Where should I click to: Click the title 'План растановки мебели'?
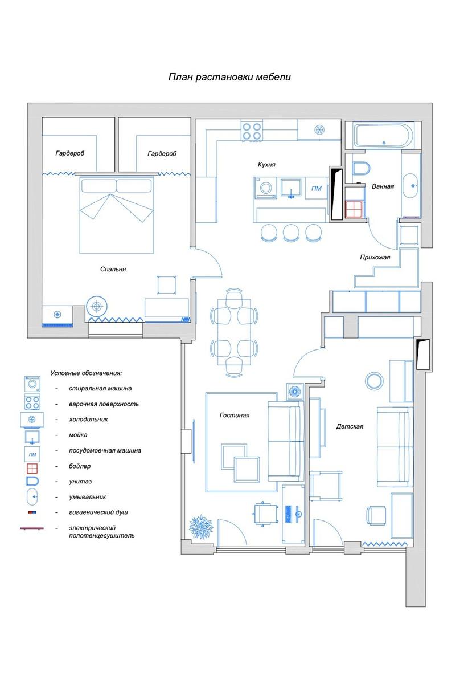pos(229,77)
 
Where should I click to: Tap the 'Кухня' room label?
pos(266,165)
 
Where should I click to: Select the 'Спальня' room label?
pos(113,269)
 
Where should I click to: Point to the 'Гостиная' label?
pos(235,416)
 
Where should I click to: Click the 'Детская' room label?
pos(350,426)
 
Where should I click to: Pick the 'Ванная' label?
pos(383,186)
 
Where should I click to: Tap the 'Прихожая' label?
pos(375,257)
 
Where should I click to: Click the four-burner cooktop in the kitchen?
pos(252,131)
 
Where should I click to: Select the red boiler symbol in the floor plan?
pos(354,209)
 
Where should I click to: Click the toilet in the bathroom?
pos(361,169)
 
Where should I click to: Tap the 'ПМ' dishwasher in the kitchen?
pos(317,189)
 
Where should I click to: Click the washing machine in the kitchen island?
pos(265,188)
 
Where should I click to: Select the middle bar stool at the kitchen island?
pos(291,233)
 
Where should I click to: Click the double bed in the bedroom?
pos(116,215)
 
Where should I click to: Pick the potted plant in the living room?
pos(200,527)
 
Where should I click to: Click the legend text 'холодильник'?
pos(88,420)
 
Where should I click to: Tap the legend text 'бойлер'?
pos(80,466)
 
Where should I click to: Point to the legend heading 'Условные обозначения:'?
pos(86,373)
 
